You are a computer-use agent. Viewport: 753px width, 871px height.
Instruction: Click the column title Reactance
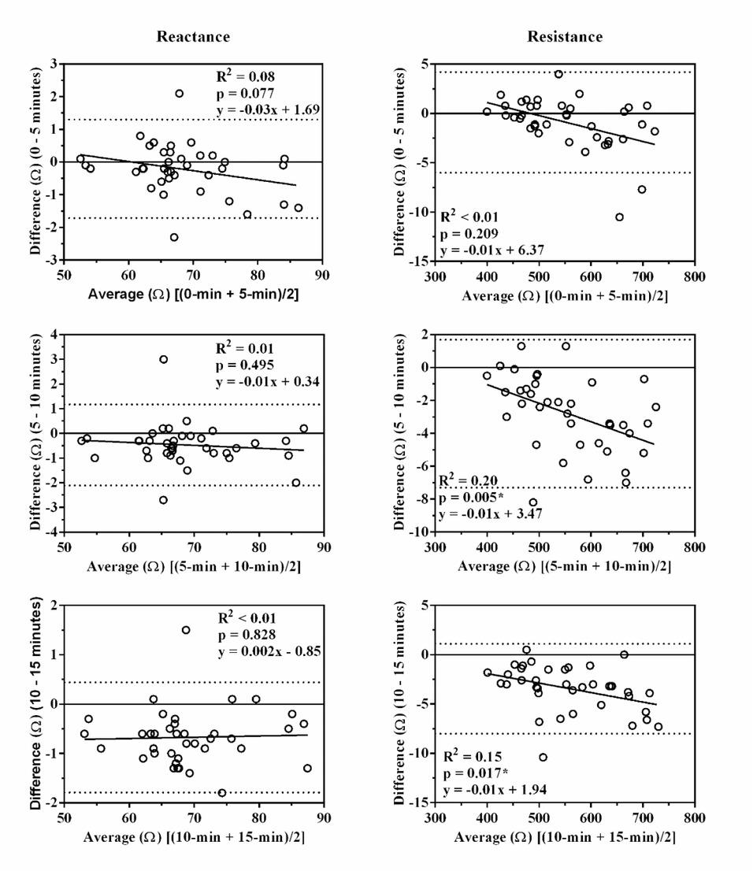tap(193, 37)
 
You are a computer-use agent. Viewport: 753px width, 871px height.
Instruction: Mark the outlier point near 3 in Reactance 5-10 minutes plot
tap(163, 359)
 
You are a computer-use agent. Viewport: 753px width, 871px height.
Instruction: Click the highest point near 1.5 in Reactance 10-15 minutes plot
tap(186, 630)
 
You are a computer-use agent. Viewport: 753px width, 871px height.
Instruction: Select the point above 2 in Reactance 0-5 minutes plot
tap(180, 94)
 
